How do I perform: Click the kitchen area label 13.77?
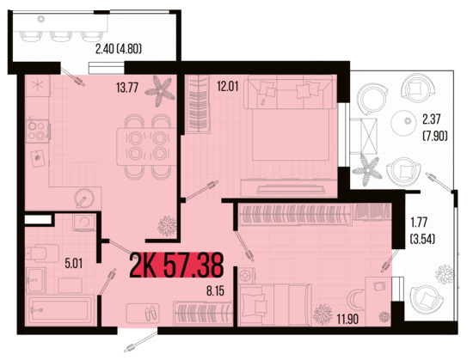coord(127,88)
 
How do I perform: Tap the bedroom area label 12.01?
coord(228,86)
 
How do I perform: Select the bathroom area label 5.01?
coord(73,264)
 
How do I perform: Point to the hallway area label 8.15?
coord(215,291)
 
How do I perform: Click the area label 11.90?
coord(347,319)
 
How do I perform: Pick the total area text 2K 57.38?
coord(177,265)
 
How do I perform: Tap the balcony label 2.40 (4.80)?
coord(119,48)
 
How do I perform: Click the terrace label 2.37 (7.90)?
coord(434,128)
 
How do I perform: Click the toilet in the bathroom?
coord(42,253)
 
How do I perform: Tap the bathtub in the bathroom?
coord(61,310)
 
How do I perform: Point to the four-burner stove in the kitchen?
coord(38,131)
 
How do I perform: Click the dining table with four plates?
coord(146,147)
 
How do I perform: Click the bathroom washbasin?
coord(36,280)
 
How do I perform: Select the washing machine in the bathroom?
coord(83,223)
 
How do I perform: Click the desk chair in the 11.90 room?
coord(354,299)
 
